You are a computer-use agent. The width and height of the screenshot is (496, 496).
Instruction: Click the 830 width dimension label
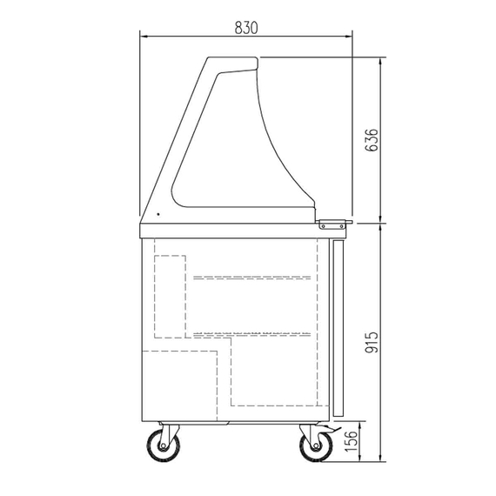[246, 27]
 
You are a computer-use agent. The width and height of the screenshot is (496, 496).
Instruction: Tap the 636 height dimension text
[372, 140]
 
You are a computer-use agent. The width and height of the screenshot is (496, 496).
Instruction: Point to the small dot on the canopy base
[158, 214]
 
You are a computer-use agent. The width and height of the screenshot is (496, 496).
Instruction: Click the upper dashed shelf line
[252, 278]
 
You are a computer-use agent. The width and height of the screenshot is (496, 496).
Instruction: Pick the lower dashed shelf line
[252, 333]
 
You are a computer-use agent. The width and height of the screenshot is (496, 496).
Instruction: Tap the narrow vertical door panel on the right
[339, 326]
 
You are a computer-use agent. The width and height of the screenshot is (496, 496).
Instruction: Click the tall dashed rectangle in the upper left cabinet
[171, 296]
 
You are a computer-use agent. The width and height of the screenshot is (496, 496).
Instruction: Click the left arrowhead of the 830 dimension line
[145, 36]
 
